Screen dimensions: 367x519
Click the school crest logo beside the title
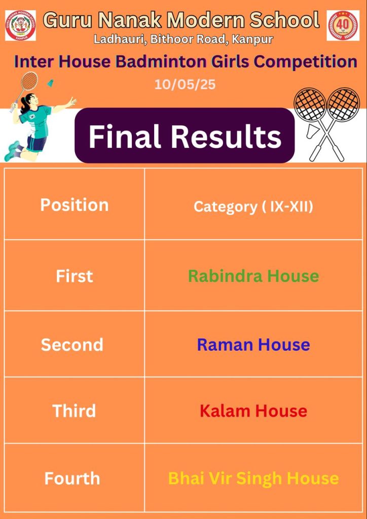20,25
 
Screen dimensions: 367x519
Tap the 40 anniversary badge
343,25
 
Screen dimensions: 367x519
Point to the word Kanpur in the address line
252,39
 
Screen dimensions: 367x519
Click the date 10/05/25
185,85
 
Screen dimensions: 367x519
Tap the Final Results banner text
185,136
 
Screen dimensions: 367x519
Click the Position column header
75,205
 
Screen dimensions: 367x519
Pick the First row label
75,276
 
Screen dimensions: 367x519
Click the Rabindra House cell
253,276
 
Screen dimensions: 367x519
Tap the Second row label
72,345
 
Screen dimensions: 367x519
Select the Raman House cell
253,345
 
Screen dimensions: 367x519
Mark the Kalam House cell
253,411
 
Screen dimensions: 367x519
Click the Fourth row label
72,478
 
